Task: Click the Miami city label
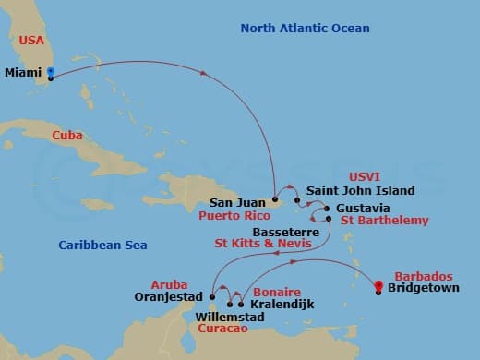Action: point(23,71)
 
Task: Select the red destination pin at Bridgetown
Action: point(378,286)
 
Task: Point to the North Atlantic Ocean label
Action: point(305,29)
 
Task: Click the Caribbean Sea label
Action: point(102,245)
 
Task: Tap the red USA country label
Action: point(32,40)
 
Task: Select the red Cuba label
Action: point(66,136)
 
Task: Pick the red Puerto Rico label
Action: point(233,215)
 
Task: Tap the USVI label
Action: point(364,175)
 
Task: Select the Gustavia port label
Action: point(363,207)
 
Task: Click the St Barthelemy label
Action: point(385,221)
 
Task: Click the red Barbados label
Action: point(424,276)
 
